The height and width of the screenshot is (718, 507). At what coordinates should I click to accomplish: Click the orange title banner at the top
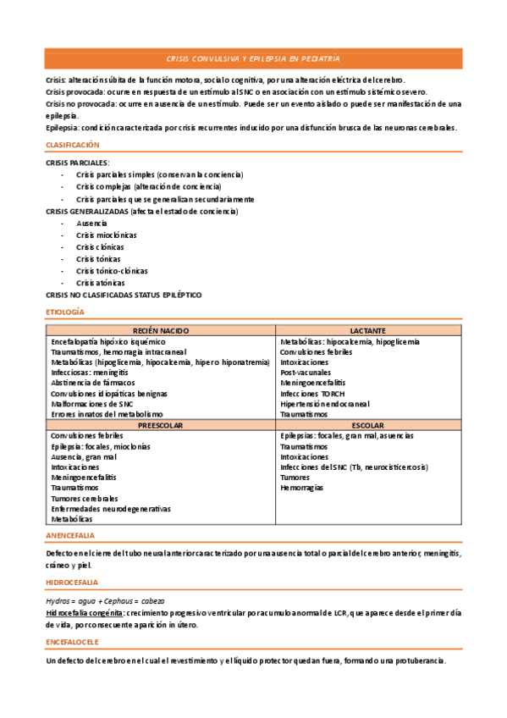(253, 58)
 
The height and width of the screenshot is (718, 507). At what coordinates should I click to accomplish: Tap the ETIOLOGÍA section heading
(64, 312)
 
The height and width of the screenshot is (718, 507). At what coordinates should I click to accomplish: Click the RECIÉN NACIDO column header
(162, 330)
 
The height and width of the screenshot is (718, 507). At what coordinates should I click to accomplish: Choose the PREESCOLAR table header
(162, 425)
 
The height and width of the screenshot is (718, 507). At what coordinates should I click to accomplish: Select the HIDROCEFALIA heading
(72, 583)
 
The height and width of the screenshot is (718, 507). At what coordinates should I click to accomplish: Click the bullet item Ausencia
(91, 223)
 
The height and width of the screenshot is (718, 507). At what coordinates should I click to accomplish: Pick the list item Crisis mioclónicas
(106, 235)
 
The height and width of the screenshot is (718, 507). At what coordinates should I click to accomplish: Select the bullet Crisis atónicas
(100, 283)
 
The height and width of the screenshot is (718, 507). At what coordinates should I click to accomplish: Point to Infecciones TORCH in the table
(311, 393)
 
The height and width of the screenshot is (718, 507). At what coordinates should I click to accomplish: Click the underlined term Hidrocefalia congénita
(85, 611)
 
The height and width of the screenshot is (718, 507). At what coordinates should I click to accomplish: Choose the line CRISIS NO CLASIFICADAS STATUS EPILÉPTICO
(124, 295)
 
